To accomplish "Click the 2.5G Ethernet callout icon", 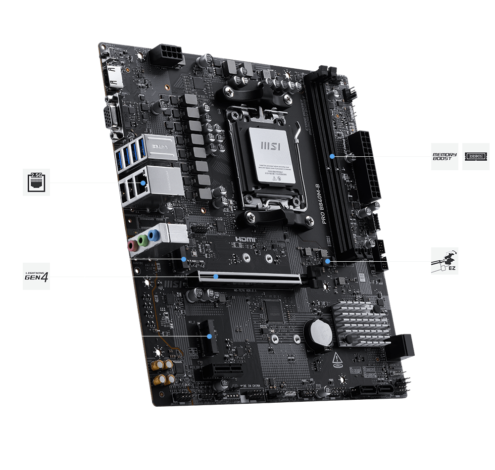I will tap(36, 182).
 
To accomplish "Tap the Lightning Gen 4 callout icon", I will tap(36, 276).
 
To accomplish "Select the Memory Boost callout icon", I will tap(445, 156).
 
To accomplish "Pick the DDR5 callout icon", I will tap(476, 156).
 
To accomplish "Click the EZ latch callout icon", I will tap(445, 261).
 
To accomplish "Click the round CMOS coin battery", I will tap(318, 331).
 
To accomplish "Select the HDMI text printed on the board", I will tap(246, 239).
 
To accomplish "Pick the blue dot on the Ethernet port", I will tap(143, 183).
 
